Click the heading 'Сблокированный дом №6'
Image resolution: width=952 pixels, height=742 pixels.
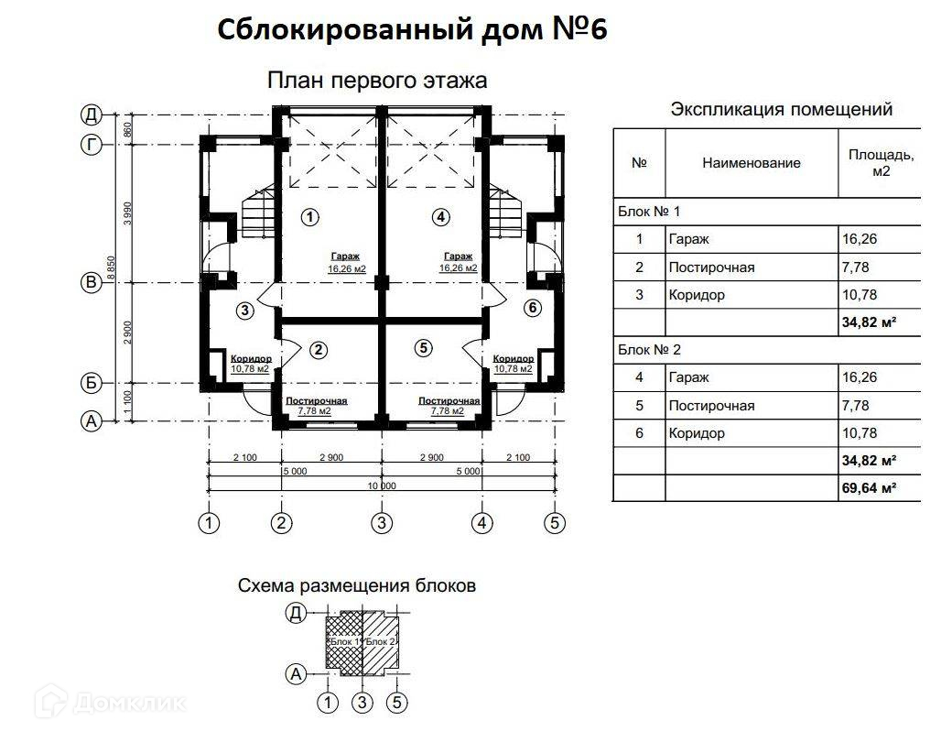tap(412, 30)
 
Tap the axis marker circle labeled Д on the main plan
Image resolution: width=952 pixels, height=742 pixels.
tap(91, 115)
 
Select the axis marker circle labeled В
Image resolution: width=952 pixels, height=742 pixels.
tap(91, 283)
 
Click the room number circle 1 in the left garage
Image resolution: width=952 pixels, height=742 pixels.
tap(310, 217)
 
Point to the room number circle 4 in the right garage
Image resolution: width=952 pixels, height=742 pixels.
tap(441, 217)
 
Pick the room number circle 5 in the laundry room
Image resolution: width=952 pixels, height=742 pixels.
tap(422, 347)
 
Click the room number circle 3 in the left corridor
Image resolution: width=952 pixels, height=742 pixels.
tap(244, 311)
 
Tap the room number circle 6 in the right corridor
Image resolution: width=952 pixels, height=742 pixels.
tap(533, 308)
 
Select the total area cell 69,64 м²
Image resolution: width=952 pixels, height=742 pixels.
tap(868, 487)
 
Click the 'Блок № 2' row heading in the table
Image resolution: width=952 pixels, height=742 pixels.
tap(649, 350)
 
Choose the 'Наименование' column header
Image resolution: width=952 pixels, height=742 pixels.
tap(752, 163)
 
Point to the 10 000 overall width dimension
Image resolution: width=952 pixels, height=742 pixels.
tap(382, 486)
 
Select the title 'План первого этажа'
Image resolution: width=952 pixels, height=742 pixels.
tap(377, 81)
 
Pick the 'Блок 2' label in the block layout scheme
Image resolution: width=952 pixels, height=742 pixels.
tap(379, 642)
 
